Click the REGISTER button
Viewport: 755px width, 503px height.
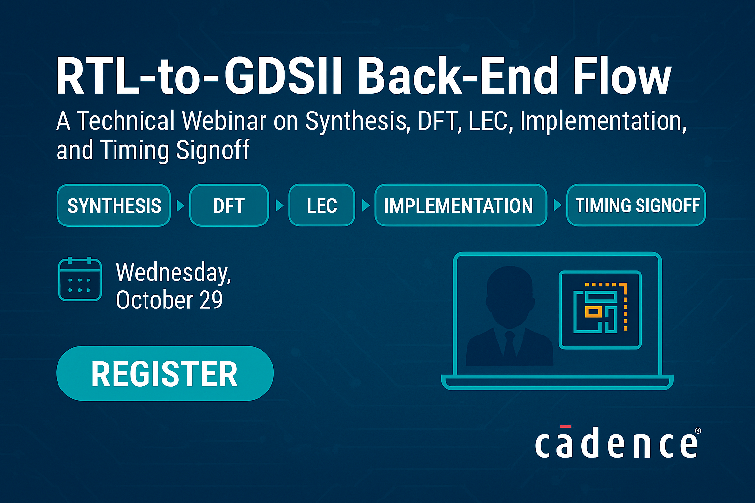point(165,374)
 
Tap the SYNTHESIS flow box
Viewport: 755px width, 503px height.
point(114,205)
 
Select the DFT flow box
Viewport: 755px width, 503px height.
point(229,205)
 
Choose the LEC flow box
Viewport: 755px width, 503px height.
point(321,205)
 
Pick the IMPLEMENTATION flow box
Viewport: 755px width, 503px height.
point(460,205)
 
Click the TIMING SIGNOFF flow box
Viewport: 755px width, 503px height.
point(636,205)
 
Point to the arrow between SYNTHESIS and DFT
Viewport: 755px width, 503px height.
point(180,205)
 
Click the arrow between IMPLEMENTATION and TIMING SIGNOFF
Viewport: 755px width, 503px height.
point(557,205)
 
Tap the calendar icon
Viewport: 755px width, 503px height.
point(80,279)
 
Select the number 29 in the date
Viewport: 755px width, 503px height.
point(211,300)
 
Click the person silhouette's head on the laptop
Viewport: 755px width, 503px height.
point(509,292)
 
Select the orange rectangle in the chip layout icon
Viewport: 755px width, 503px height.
point(593,311)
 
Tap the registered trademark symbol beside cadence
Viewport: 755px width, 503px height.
point(697,431)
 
